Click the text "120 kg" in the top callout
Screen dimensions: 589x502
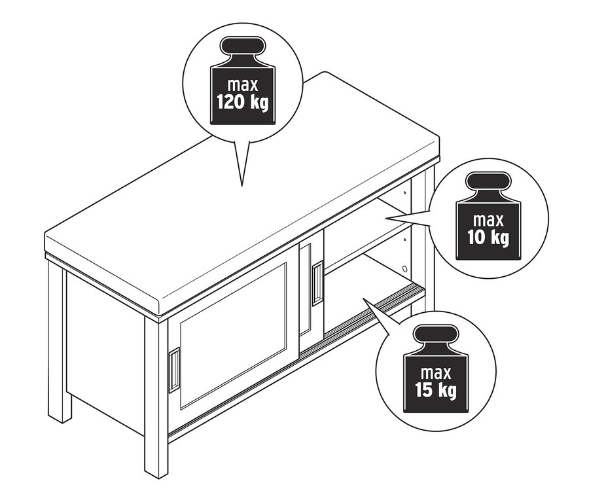tap(243, 102)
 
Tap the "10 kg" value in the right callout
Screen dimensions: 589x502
tap(488, 238)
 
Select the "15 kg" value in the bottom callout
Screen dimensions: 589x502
tap(436, 389)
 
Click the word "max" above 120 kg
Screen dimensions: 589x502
tap(243, 84)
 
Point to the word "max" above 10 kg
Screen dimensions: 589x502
tap(488, 220)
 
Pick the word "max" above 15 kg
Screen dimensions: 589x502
tap(436, 373)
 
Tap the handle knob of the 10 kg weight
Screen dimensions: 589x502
tap(488, 181)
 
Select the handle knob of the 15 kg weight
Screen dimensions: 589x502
tap(436, 334)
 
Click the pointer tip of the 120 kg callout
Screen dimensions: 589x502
tap(241, 186)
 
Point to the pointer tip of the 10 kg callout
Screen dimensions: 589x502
tap(386, 217)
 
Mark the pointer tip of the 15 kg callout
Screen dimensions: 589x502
tap(363, 298)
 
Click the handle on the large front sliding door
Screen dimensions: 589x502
tap(174, 370)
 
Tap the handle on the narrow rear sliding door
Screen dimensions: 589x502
tap(318, 283)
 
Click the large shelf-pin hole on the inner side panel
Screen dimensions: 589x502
tap(404, 269)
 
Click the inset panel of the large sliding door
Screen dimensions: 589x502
tap(233, 336)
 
